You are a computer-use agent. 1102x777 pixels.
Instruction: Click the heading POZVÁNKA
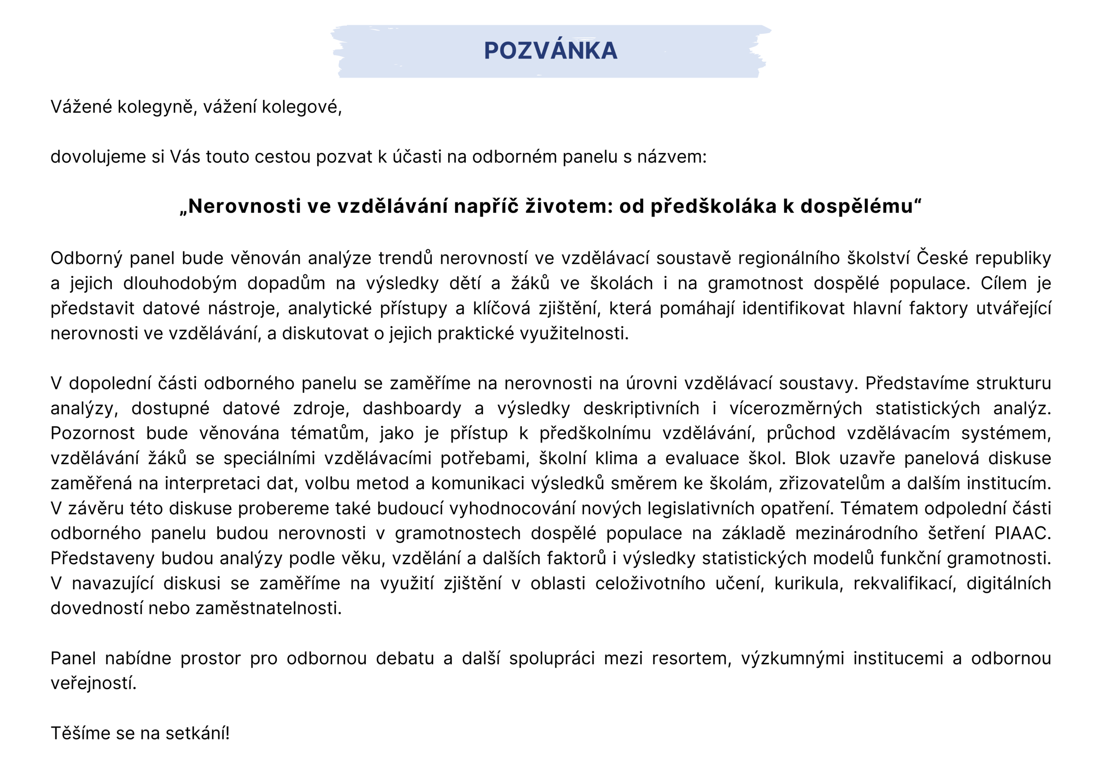coord(551,51)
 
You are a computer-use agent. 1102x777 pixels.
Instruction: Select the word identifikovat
coord(793,308)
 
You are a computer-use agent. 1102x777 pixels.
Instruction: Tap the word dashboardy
coord(412,408)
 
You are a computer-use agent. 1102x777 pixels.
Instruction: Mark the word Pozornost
coord(93,433)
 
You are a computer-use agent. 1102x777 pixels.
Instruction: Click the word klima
coord(616,458)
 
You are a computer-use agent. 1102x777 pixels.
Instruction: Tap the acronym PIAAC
coord(1022,533)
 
